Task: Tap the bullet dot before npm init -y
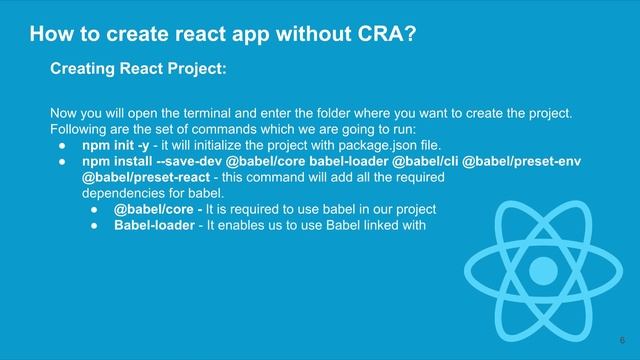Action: [62, 145]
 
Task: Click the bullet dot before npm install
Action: [62, 161]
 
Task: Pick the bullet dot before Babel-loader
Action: [92, 225]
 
